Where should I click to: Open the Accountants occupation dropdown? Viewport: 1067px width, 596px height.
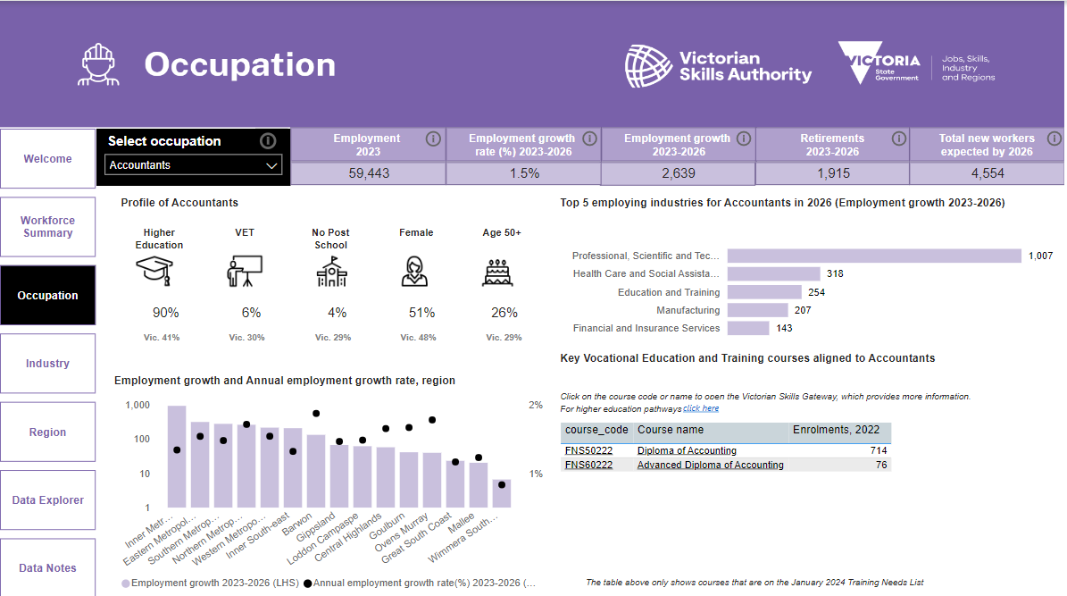pyautogui.click(x=194, y=164)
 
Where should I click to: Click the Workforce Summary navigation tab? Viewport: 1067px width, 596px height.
pyautogui.click(x=47, y=227)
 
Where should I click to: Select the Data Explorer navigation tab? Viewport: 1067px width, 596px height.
pyautogui.click(x=47, y=500)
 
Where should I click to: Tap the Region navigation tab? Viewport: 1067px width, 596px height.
pyautogui.click(x=47, y=432)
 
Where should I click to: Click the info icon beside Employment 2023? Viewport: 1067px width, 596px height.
pyautogui.click(x=433, y=139)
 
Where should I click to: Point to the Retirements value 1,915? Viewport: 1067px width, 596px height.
pyautogui.click(x=833, y=173)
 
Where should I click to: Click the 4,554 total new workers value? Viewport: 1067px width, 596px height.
pyautogui.click(x=988, y=173)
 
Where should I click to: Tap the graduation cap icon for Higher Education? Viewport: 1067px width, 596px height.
pyautogui.click(x=154, y=271)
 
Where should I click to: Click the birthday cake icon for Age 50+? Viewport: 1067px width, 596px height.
pyautogui.click(x=497, y=272)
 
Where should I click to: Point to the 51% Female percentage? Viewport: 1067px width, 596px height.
pyautogui.click(x=422, y=313)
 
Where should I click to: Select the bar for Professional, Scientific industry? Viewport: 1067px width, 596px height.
pyautogui.click(x=874, y=256)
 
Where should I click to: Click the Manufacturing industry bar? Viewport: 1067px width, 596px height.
pyautogui.click(x=757, y=310)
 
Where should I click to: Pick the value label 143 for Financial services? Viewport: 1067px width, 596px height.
pyautogui.click(x=784, y=328)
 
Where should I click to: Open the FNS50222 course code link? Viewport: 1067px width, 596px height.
pyautogui.click(x=588, y=450)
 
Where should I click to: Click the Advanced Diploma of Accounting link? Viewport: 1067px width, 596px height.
pyautogui.click(x=711, y=466)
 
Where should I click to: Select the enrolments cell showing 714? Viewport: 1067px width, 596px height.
pyautogui.click(x=879, y=450)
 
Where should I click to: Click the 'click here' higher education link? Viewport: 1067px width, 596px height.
pyautogui.click(x=701, y=408)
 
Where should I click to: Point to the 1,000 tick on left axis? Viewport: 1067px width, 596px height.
pyautogui.click(x=138, y=406)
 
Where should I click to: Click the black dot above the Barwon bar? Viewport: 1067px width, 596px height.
pyautogui.click(x=316, y=414)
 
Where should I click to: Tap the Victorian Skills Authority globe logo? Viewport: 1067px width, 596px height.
pyautogui.click(x=648, y=66)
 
